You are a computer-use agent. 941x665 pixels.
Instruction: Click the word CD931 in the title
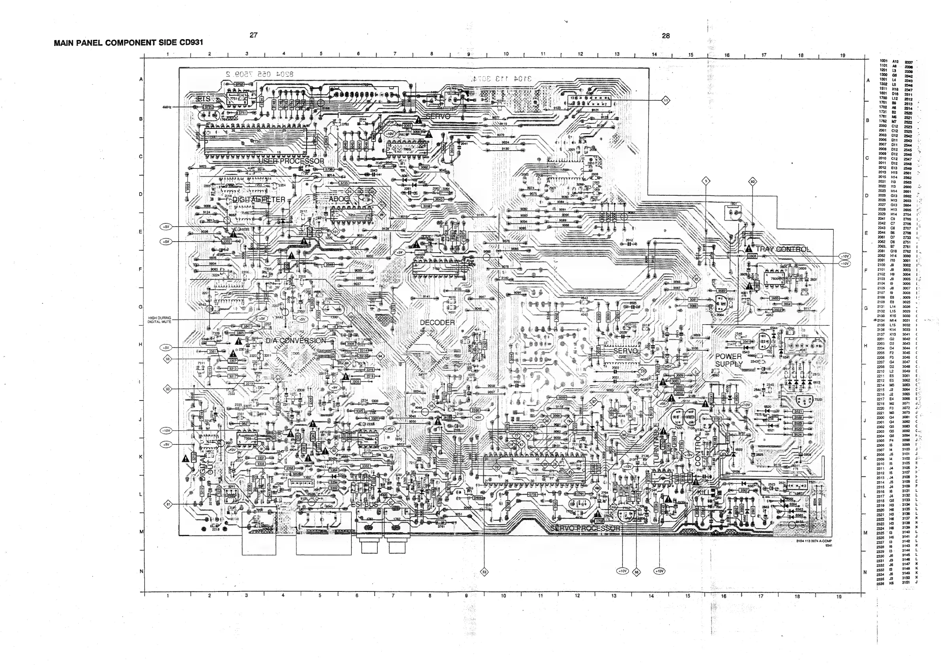[x=191, y=42]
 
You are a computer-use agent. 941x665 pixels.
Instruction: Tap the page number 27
[x=254, y=35]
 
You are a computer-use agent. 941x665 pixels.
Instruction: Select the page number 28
[x=666, y=36]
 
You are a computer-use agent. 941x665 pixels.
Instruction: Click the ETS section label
[x=203, y=99]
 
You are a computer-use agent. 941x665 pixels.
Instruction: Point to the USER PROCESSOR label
[x=291, y=161]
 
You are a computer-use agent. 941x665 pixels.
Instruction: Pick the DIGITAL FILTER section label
[x=258, y=200]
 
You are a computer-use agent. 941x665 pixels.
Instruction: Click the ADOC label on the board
[x=339, y=199]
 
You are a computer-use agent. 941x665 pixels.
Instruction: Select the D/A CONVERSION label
[x=296, y=341]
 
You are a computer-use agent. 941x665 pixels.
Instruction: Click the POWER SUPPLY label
[x=728, y=360]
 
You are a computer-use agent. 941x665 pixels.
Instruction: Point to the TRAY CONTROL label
[x=783, y=249]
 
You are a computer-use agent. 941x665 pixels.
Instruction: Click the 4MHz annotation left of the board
[x=166, y=107]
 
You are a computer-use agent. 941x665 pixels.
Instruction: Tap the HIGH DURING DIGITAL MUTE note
[x=159, y=320]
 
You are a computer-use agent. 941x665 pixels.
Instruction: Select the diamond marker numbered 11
[x=666, y=100]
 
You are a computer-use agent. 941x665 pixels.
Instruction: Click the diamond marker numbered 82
[x=752, y=181]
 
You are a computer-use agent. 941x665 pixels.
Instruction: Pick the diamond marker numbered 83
[x=485, y=572]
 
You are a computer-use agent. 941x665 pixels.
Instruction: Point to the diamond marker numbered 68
[x=636, y=572]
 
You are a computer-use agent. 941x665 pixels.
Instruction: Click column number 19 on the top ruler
[x=843, y=55]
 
